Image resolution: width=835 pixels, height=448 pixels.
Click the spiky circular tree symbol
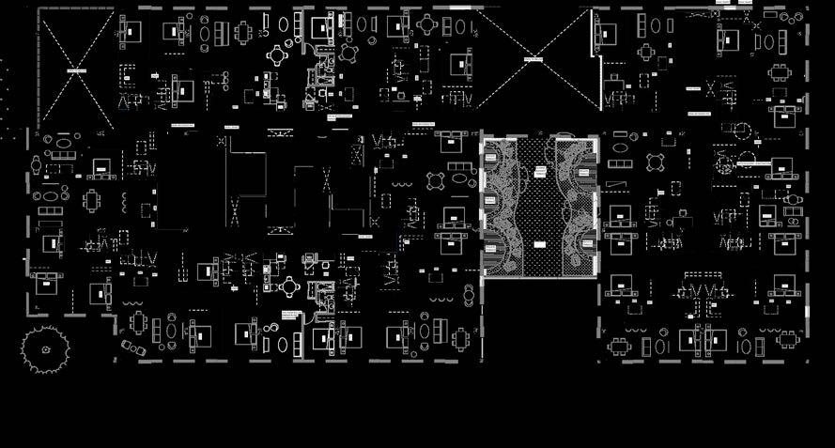(45, 349)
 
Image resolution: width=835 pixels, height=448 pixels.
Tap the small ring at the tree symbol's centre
(45, 349)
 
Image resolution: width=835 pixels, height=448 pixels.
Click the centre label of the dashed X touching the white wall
(533, 59)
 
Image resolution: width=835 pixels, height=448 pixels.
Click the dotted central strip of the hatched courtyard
(539, 209)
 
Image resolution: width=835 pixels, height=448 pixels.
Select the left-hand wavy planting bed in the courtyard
(503, 209)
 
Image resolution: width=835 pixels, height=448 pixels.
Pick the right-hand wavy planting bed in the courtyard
(576, 209)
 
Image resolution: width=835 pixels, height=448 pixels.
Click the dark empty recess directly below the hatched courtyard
(540, 319)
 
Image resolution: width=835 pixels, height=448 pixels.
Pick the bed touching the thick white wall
(609, 36)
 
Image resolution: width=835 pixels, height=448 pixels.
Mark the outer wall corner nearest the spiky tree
(115, 316)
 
